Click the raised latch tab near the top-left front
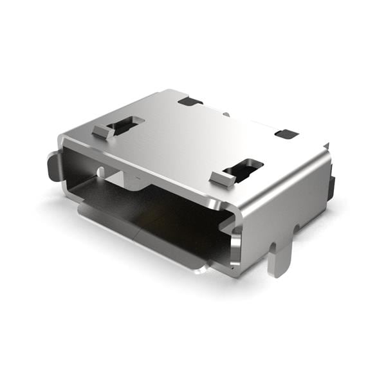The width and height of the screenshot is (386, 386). point(103,131)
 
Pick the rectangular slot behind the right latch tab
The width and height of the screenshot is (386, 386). point(244,169)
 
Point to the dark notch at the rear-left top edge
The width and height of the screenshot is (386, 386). point(190,100)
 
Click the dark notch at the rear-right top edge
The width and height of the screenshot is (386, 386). point(286,134)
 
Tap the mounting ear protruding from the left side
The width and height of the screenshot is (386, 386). point(53,166)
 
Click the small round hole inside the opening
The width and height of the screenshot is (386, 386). point(100,172)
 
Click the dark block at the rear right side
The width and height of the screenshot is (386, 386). point(331,187)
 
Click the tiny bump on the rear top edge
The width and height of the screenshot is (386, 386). point(226,114)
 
